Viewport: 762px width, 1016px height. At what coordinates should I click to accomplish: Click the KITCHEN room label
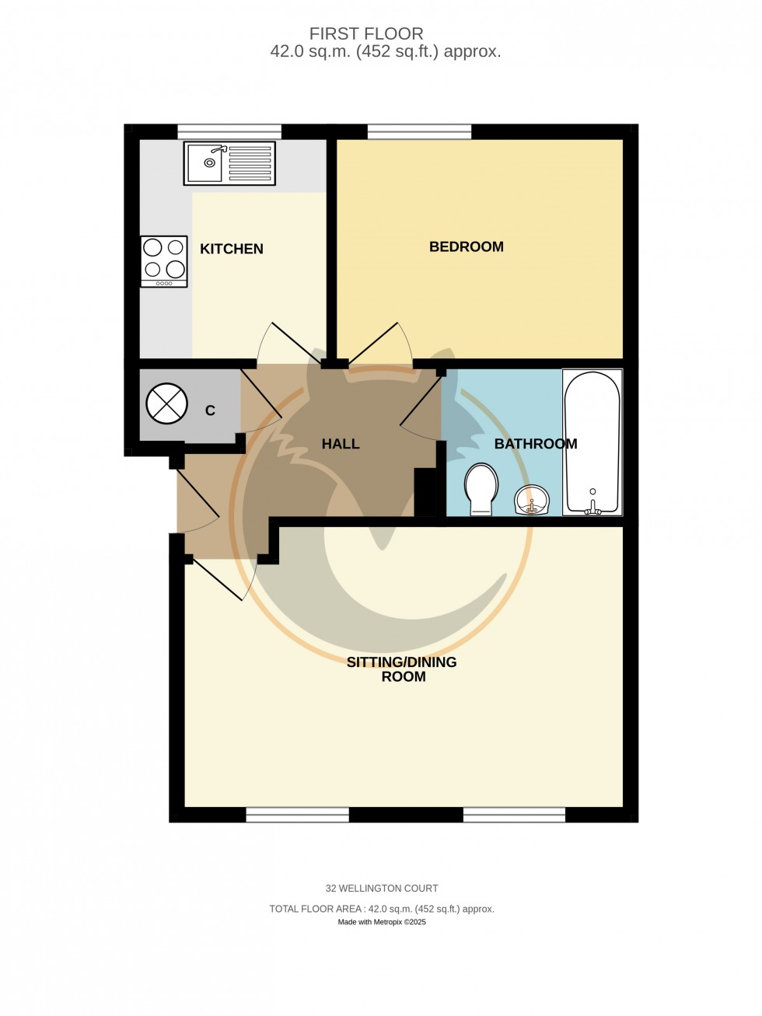tap(232, 249)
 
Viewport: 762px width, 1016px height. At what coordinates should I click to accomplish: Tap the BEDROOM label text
tap(467, 246)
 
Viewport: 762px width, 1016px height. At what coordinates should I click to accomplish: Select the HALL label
tap(341, 444)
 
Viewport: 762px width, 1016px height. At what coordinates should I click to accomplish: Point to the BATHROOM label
tap(536, 444)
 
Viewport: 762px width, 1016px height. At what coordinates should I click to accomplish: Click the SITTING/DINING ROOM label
tap(402, 669)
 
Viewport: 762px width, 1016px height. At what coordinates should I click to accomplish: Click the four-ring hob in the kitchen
tap(164, 260)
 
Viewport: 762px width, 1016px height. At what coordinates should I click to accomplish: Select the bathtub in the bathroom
tap(592, 441)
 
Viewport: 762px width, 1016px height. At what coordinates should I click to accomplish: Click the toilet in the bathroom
tap(481, 488)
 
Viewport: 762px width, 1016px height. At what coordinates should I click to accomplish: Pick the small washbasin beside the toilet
tap(532, 499)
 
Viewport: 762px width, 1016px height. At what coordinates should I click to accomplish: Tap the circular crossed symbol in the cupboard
tap(167, 404)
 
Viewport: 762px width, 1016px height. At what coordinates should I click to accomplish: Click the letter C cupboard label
tap(210, 410)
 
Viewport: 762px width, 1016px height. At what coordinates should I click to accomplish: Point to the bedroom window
tap(419, 132)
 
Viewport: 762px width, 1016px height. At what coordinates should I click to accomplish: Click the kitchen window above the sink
tap(229, 132)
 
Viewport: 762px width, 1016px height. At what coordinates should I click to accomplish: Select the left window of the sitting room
tap(298, 815)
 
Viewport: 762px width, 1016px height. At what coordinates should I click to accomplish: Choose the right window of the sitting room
tap(514, 815)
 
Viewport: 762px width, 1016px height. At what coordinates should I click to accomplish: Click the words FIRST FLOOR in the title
tap(366, 33)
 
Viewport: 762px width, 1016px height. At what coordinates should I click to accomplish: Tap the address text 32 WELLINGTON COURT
tap(382, 888)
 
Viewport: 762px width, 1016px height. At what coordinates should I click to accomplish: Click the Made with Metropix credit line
tap(382, 922)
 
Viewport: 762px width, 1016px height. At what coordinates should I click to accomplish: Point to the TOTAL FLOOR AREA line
tap(382, 909)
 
